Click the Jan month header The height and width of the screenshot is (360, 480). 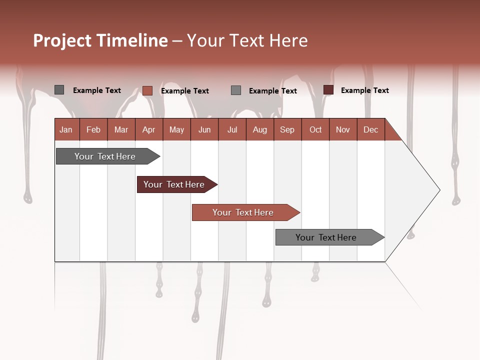tap(66, 130)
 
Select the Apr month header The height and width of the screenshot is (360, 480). tap(148, 130)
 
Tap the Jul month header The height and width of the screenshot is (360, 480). tap(232, 130)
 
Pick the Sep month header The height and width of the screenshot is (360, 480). tap(287, 130)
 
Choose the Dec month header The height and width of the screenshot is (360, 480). tap(370, 130)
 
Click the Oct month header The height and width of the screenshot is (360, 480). tap(315, 130)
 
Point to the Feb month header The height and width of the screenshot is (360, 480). tap(93, 130)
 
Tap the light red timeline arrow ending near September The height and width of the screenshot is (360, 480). tap(244, 212)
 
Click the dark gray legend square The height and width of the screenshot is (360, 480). tap(59, 90)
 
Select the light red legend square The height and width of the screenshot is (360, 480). tap(147, 90)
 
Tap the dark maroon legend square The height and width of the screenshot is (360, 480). tap(328, 90)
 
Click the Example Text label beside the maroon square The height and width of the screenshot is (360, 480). tap(364, 90)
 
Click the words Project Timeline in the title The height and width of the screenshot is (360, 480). tap(100, 40)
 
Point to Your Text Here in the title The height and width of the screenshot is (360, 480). tap(247, 40)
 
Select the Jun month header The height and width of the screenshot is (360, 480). tap(204, 130)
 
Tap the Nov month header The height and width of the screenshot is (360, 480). tap(342, 130)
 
